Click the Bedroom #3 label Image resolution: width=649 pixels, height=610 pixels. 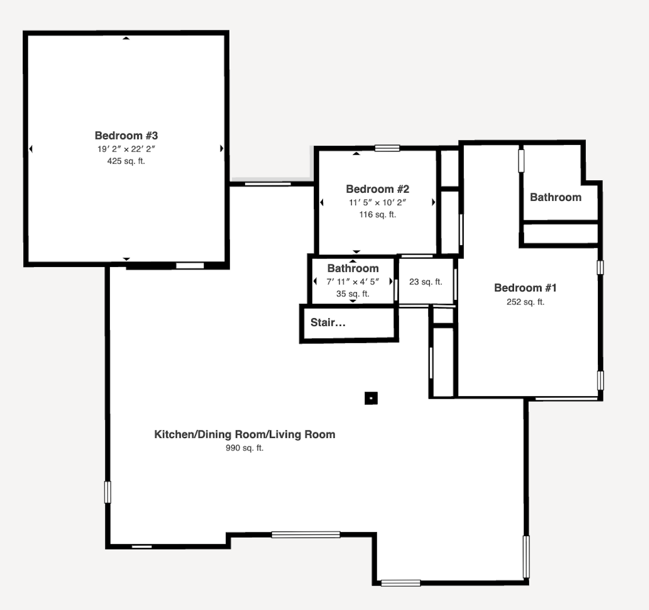126,135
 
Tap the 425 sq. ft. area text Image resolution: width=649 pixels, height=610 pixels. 126,161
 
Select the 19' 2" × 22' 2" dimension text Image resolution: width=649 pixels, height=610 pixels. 126,149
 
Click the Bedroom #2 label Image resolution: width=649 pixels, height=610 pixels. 378,188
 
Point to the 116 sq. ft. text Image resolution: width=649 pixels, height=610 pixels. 378,214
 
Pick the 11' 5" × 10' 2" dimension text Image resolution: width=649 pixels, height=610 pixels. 378,203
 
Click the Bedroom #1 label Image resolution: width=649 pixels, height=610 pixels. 525,287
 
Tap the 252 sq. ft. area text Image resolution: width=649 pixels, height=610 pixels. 525,302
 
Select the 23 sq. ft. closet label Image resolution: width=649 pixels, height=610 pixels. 425,282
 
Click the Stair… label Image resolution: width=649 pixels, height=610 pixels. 328,323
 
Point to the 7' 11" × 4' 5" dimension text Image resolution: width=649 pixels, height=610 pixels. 353,282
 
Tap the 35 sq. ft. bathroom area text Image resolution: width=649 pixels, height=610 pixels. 353,294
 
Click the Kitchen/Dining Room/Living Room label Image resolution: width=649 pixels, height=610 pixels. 245,434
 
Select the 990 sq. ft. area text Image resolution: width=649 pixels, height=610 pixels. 245,448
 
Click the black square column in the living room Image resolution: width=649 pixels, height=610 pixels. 371,398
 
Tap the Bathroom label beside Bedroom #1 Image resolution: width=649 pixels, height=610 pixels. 555,197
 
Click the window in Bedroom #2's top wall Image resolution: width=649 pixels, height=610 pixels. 387,148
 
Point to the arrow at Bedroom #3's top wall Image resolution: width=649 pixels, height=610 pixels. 126,39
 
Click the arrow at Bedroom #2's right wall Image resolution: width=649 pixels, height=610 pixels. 433,202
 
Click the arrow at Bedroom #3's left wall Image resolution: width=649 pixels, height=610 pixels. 31,149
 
